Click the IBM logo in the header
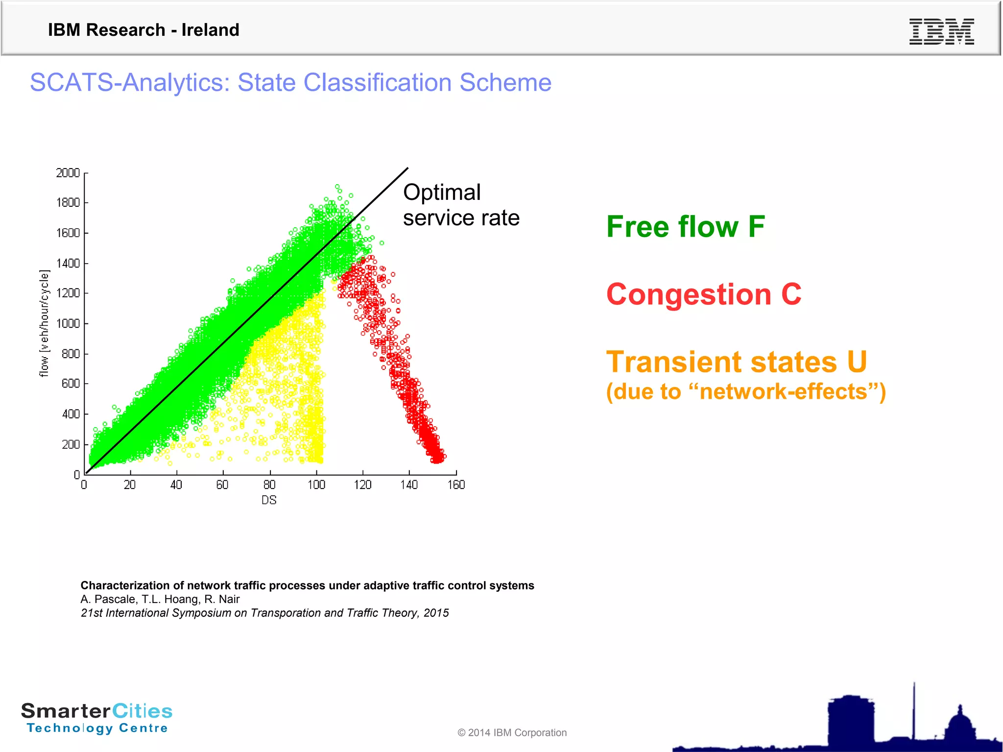coord(941,31)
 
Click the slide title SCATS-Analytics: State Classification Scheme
coord(290,82)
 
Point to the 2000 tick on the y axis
coord(68,173)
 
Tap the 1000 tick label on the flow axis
coord(68,323)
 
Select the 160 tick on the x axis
coord(456,485)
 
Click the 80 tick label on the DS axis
coord(269,485)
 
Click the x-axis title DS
coord(269,500)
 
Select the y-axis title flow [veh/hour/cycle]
coord(44,323)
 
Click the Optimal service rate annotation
coord(460,205)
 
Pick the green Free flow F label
coord(685,227)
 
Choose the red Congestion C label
coord(704,294)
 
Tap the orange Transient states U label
coord(736,362)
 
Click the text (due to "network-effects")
coord(745,392)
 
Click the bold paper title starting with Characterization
coord(307,585)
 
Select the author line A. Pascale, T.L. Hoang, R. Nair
coord(160,599)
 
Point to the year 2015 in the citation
coord(436,613)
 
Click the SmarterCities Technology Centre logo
coord(97,718)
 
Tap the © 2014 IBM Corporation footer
coord(512,732)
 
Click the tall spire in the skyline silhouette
coord(914,710)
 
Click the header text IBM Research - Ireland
coord(143,30)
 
